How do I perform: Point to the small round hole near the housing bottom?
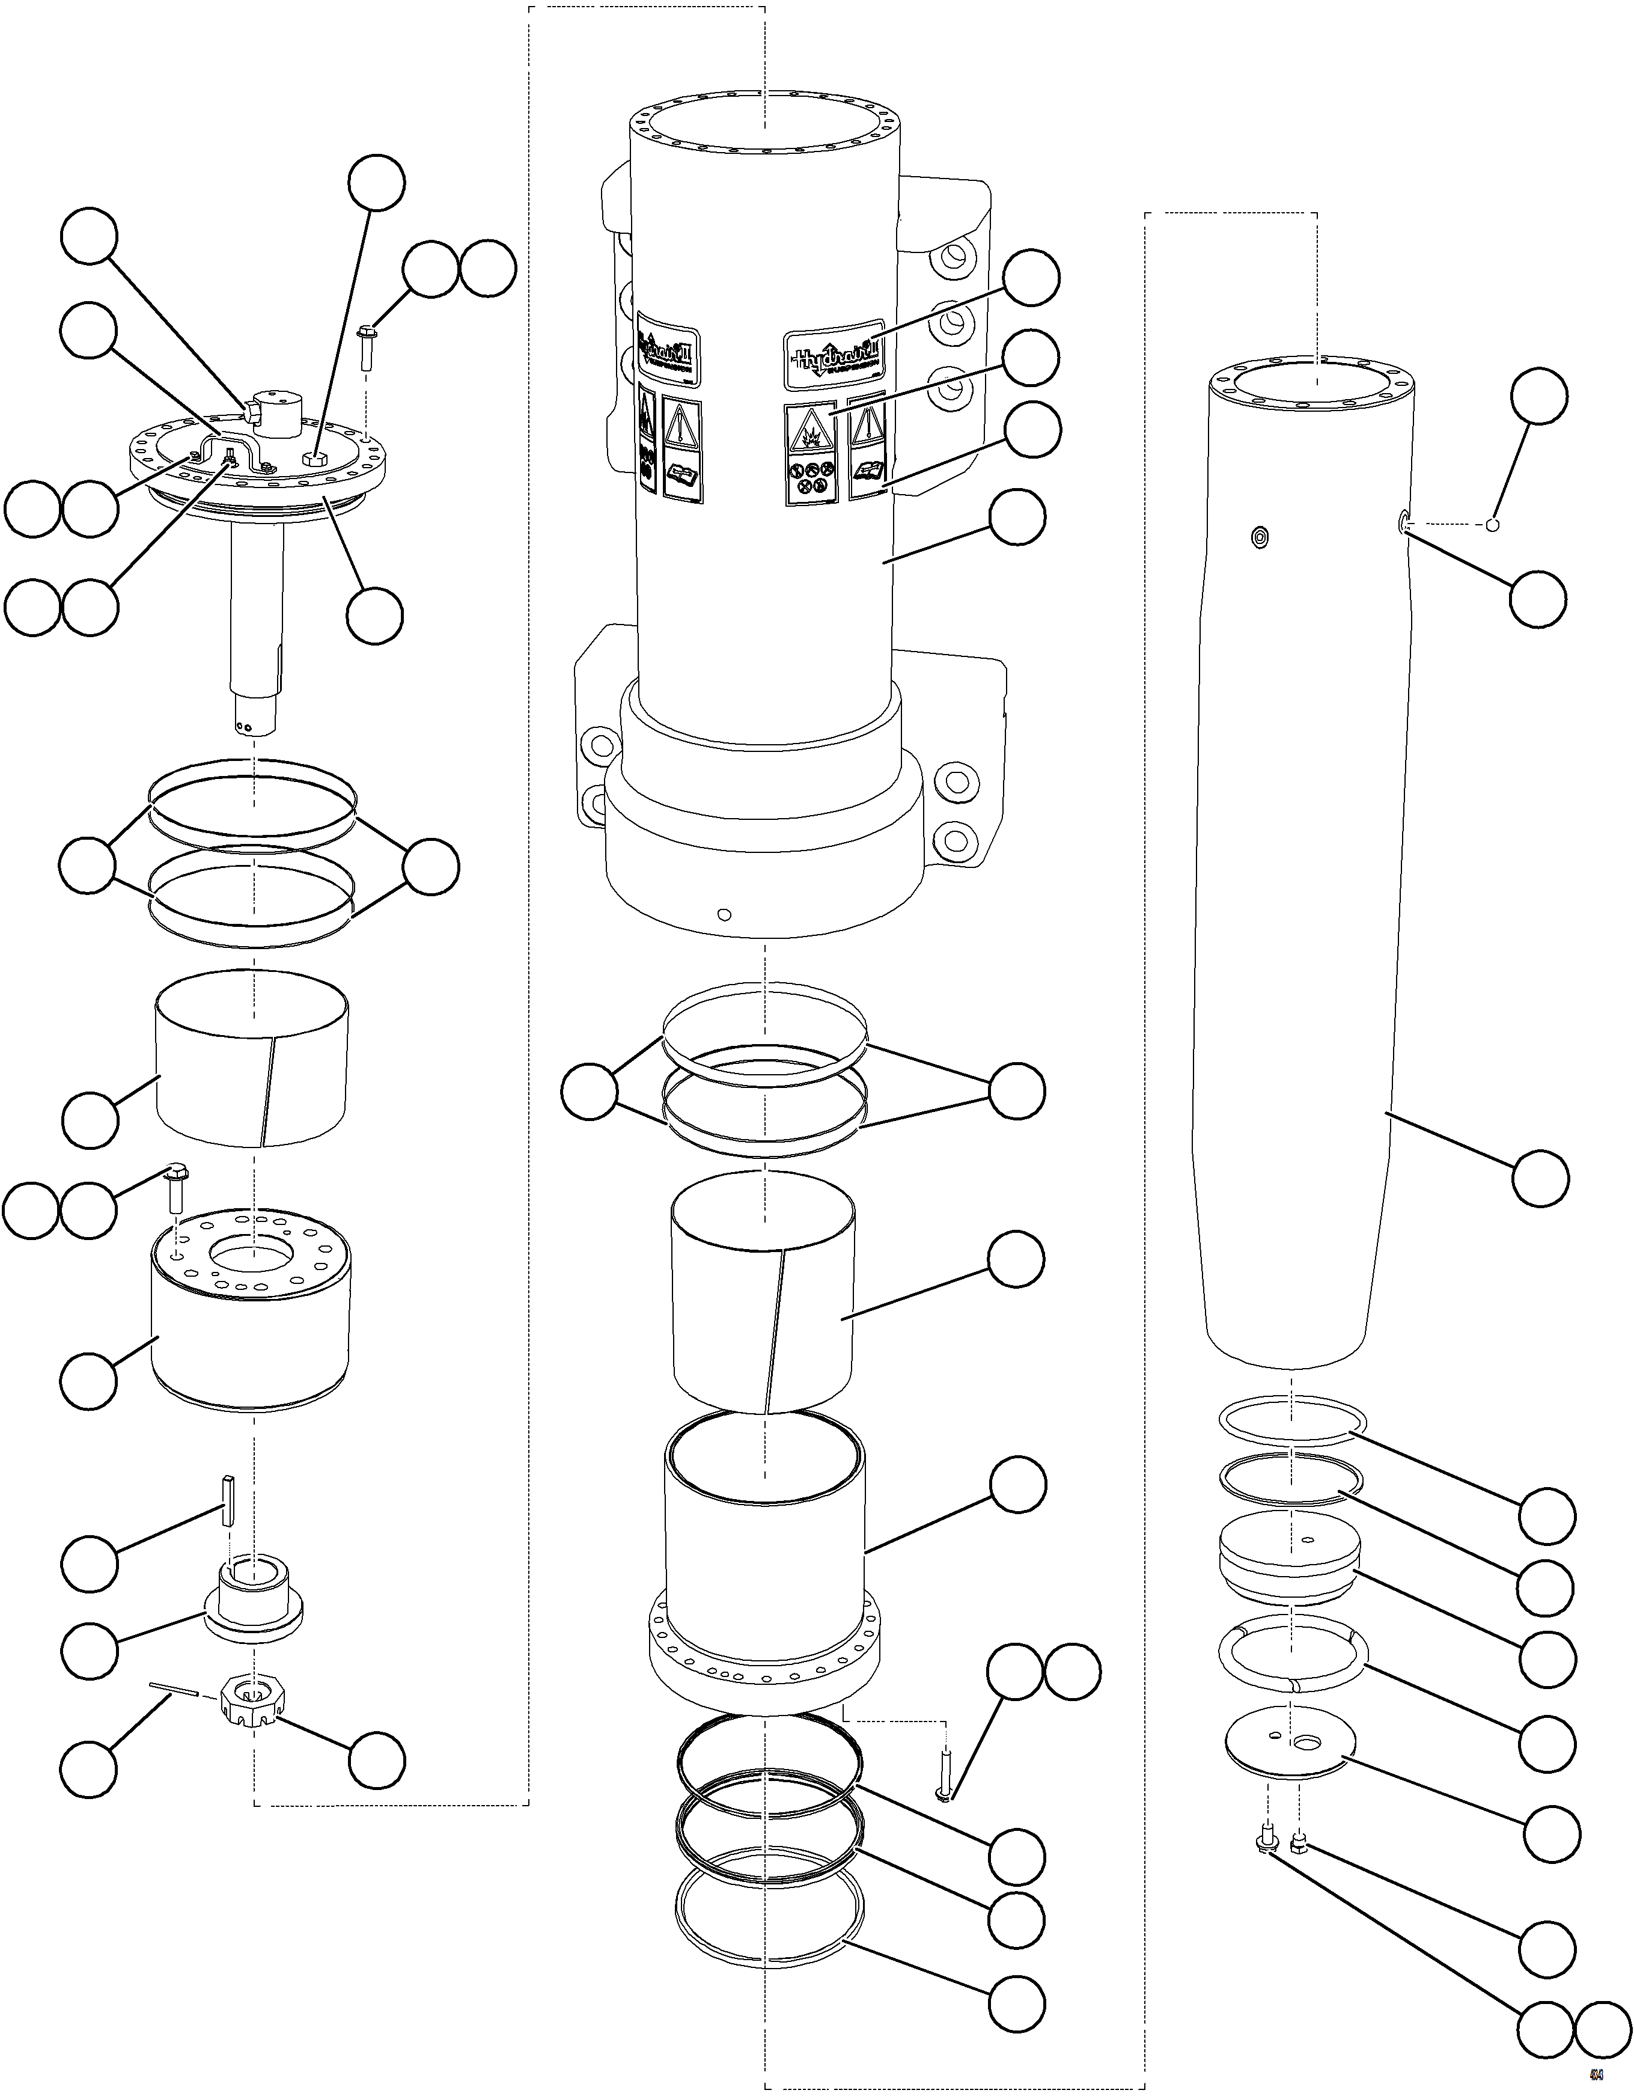point(724,915)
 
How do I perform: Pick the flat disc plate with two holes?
point(1290,1745)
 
